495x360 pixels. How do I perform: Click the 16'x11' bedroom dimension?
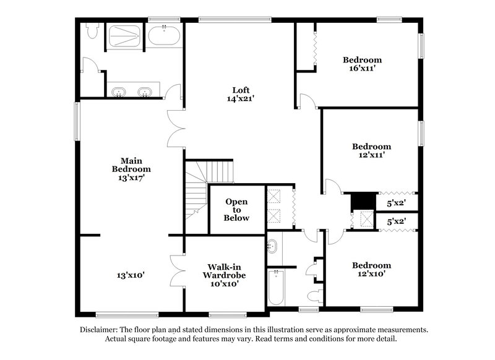click(x=362, y=69)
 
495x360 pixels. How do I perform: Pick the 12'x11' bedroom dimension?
click(x=371, y=155)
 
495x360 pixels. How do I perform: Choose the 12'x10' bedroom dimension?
click(x=371, y=274)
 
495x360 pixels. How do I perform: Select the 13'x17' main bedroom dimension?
click(x=131, y=178)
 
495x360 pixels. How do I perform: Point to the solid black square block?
click(x=363, y=201)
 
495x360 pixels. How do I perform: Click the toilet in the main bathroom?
click(x=92, y=31)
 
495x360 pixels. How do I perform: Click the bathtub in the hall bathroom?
click(x=276, y=288)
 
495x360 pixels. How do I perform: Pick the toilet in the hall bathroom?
click(x=316, y=296)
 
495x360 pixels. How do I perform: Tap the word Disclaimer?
click(x=100, y=330)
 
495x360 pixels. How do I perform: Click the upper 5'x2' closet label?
click(x=396, y=202)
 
